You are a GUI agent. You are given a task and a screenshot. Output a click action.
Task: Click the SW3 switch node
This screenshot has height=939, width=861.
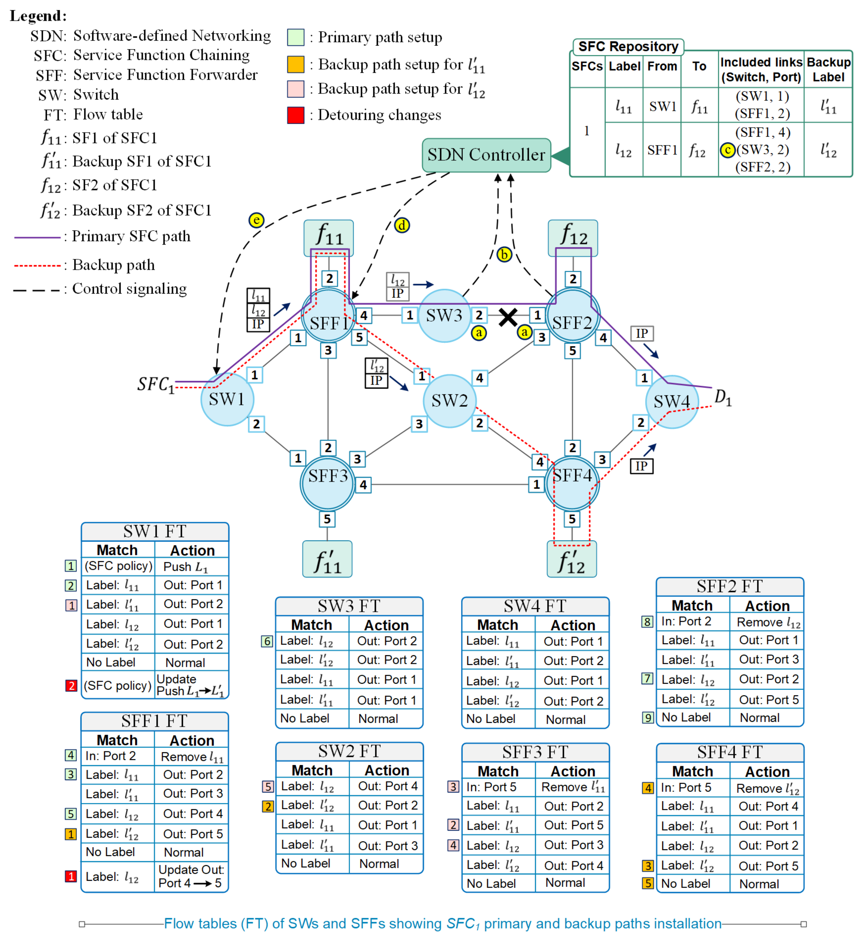tap(444, 316)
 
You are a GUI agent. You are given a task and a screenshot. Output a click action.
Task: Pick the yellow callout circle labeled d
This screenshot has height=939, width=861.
tap(402, 226)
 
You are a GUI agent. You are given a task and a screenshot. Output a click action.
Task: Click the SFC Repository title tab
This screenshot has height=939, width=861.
tap(628, 47)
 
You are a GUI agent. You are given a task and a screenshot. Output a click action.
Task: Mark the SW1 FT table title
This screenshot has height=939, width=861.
tap(155, 531)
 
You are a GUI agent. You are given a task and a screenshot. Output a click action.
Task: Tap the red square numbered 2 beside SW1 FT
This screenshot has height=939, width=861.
tap(71, 685)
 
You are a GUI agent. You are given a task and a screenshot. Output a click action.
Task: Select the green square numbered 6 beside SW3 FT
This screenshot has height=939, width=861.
tap(266, 641)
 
